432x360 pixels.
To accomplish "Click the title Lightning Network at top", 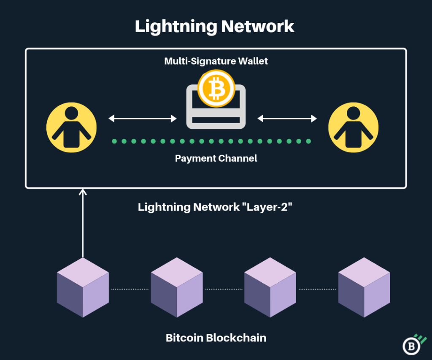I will [215, 26].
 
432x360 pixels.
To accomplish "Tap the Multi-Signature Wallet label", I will [216, 61].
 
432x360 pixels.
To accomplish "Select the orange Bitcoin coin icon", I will [216, 89].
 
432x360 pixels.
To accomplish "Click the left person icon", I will [71, 127].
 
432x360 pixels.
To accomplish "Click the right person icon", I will [353, 127].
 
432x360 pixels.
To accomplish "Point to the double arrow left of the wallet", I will [143, 119].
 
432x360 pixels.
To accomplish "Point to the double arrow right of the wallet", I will [287, 119].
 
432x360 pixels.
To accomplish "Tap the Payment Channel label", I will [216, 159].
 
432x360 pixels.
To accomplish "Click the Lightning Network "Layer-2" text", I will [216, 207].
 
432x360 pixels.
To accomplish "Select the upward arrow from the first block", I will [83, 224].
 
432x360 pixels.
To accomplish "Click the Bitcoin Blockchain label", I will [216, 338].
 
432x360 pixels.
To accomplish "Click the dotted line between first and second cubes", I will [130, 289].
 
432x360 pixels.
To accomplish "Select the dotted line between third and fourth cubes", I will [317, 289].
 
